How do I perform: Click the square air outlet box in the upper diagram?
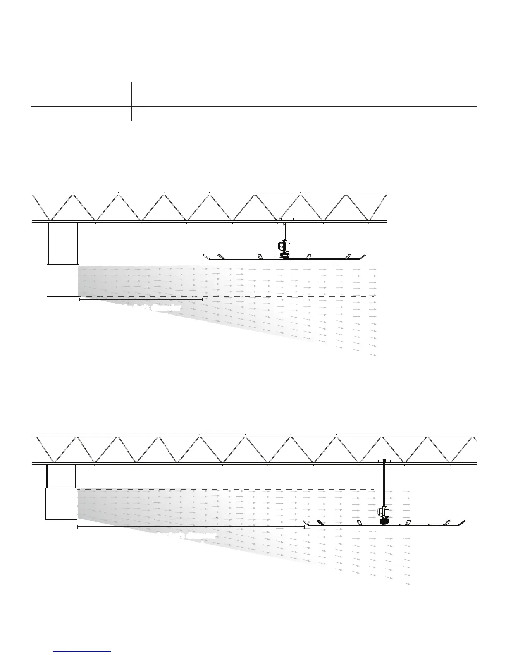point(62,280)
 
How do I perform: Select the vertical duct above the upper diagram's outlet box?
point(63,243)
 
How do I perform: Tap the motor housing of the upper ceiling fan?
point(284,247)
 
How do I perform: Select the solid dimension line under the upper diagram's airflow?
point(141,299)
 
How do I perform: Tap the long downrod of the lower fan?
point(384,484)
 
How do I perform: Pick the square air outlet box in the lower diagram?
point(61,503)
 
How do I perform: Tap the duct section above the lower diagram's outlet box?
point(61,476)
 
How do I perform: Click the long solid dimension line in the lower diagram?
point(190,527)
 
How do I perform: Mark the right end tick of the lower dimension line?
point(304,527)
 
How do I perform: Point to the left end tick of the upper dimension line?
point(79,299)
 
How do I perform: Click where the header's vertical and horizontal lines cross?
point(132,107)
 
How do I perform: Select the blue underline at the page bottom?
point(82,651)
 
